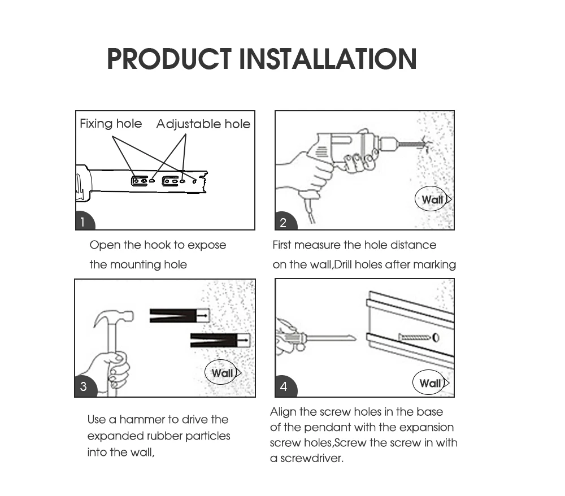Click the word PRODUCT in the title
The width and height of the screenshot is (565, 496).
pyautogui.click(x=169, y=59)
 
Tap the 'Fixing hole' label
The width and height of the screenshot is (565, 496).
pyautogui.click(x=111, y=124)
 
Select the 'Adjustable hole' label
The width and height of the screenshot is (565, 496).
pyautogui.click(x=203, y=124)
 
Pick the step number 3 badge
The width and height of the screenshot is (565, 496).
pyautogui.click(x=84, y=386)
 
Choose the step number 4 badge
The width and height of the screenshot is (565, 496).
pyautogui.click(x=284, y=386)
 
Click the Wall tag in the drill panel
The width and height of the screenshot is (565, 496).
pyautogui.click(x=433, y=199)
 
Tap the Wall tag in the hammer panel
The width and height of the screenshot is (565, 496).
pyautogui.click(x=222, y=373)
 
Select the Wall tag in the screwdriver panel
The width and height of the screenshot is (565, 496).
pyautogui.click(x=431, y=384)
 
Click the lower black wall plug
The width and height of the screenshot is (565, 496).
pyautogui.click(x=219, y=340)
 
